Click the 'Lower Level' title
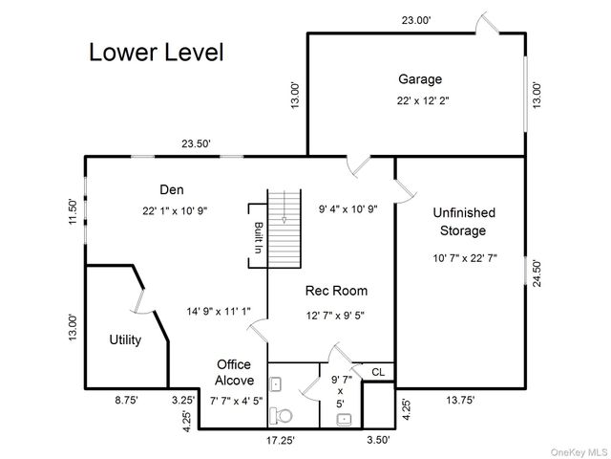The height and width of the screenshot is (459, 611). point(157,53)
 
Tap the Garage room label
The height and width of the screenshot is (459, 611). point(419,79)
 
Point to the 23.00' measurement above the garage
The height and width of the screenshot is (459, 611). point(416,20)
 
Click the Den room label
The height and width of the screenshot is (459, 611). point(172,189)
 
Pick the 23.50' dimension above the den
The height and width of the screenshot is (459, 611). point(198,144)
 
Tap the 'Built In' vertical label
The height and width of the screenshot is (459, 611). point(258,237)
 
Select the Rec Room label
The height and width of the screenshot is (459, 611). point(336,291)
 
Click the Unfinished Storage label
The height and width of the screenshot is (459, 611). point(463,221)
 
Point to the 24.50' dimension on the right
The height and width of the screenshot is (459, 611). point(537,274)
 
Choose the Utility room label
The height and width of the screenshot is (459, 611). point(125,339)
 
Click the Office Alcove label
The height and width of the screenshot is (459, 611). point(233,372)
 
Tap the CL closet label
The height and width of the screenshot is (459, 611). point(377,372)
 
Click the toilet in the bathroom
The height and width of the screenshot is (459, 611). point(282,416)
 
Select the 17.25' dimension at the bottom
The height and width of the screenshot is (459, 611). point(279,441)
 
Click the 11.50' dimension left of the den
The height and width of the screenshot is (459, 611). point(72,211)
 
